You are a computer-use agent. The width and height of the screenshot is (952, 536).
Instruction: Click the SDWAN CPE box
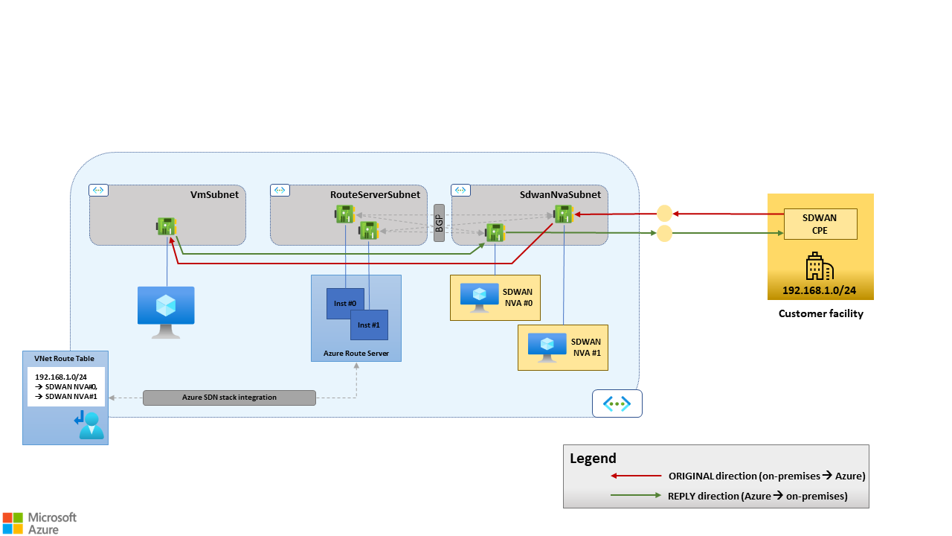click(x=820, y=223)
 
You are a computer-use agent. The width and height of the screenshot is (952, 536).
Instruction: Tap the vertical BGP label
click(x=439, y=223)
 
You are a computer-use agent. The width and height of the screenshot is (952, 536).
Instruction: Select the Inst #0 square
click(x=345, y=304)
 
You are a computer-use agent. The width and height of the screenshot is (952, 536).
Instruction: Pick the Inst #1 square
click(x=369, y=325)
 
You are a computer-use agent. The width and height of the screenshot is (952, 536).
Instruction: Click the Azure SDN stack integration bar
click(x=229, y=398)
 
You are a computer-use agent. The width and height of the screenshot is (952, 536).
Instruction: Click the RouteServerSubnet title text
click(x=375, y=194)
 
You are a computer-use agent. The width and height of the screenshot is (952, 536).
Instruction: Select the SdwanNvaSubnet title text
click(x=560, y=194)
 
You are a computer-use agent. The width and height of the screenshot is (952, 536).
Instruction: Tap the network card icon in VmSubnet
click(x=167, y=226)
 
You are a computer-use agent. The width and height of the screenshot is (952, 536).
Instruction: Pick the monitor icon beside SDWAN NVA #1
click(x=547, y=347)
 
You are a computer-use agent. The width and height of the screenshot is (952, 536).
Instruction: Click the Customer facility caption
click(x=820, y=313)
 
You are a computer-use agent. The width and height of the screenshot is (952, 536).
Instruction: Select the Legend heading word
click(x=593, y=459)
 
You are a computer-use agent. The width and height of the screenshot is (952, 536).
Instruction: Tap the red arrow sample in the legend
click(x=635, y=476)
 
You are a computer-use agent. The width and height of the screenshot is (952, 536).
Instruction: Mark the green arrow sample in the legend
click(x=635, y=496)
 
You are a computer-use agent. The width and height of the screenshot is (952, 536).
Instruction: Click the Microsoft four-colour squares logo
click(x=12, y=523)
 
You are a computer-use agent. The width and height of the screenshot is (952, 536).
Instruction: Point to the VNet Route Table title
click(x=65, y=358)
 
